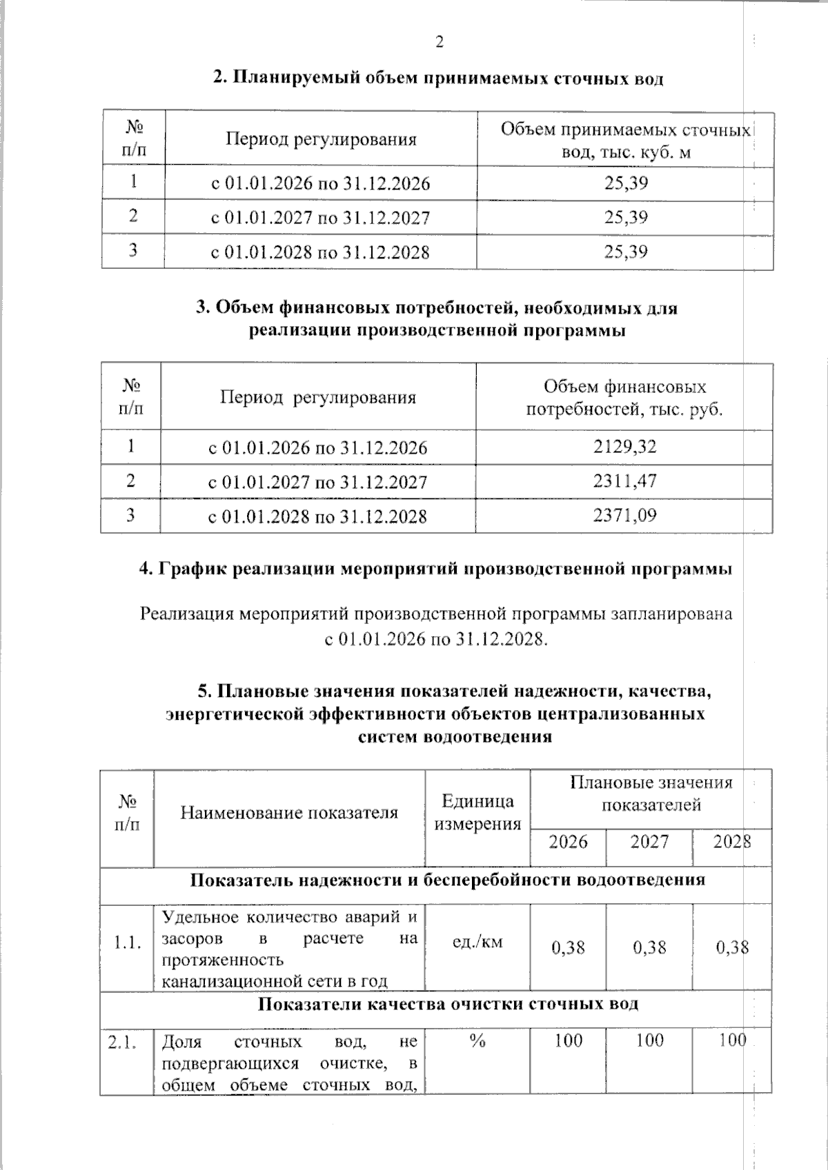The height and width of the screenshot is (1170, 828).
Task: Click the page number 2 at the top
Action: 439,42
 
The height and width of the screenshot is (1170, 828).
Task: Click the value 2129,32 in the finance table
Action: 624,447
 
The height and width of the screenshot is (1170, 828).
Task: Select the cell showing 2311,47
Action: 624,481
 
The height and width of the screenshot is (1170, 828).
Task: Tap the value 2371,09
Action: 624,515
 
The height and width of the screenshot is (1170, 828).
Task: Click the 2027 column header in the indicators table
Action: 649,842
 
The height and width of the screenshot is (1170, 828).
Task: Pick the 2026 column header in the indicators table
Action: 568,842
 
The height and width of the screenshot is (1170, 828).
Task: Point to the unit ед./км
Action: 477,942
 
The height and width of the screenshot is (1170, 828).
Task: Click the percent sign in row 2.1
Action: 477,1041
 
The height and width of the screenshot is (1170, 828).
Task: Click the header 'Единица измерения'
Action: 477,812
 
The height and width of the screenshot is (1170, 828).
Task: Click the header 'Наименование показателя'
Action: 289,813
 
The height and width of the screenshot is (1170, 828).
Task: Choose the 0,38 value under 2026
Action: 568,947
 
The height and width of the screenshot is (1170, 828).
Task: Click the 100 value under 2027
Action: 649,1040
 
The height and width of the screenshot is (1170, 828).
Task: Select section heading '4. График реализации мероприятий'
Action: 435,569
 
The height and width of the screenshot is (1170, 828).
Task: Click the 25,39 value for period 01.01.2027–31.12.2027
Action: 626,217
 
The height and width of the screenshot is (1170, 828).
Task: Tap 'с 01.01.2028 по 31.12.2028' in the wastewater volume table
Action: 320,252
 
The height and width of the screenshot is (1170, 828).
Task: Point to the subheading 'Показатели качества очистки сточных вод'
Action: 448,1004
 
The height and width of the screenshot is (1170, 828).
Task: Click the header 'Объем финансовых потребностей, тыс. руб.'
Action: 624,398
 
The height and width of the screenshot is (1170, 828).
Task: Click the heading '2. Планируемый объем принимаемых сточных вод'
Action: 438,79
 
